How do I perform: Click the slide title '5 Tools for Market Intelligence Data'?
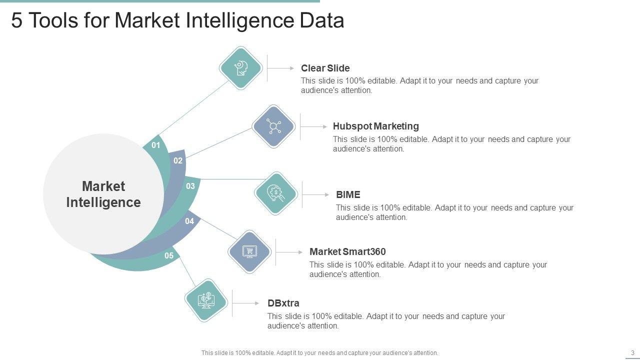pos(177,21)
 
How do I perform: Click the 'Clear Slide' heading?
pos(325,68)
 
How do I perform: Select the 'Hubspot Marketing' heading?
pos(375,126)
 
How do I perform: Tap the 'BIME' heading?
pos(348,194)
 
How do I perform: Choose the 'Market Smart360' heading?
pos(347,251)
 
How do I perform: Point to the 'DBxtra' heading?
pos(283,303)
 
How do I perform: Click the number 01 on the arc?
pos(156,145)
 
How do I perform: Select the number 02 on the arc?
pos(178,161)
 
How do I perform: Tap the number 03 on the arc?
pos(190,186)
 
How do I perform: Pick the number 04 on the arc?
pos(189,221)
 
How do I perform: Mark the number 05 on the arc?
pos(169,256)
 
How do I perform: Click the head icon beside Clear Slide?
pos(241,68)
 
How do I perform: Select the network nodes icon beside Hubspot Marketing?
pos(273,126)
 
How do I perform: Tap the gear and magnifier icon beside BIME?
pos(276,193)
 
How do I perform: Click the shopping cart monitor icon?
pos(249,251)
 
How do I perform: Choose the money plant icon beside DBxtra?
pos(206,300)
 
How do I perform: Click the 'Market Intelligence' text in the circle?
pos(103,194)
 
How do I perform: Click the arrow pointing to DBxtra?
pos(247,303)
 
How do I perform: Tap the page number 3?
pos(632,352)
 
